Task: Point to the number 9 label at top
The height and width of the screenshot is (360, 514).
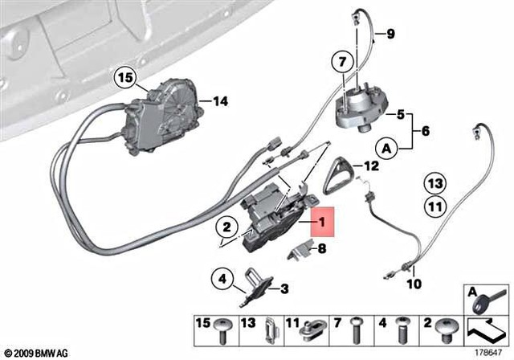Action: point(390,34)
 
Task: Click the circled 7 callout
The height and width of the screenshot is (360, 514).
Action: point(340,61)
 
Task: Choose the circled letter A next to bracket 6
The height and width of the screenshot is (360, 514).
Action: point(387,149)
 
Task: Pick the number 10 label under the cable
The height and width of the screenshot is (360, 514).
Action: point(412,284)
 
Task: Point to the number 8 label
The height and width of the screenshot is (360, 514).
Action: point(322,249)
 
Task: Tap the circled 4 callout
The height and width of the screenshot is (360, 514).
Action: point(222,280)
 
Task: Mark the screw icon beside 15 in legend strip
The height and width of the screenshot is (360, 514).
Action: point(224,327)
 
